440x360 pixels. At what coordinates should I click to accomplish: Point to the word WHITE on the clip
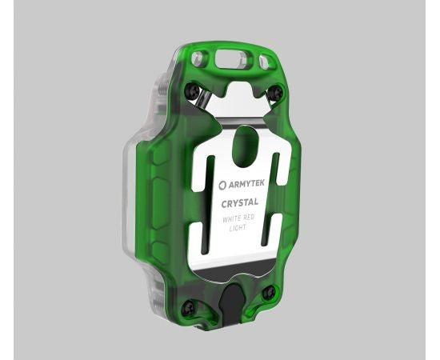tap(234, 218)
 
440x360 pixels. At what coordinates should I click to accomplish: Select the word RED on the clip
tap(257, 218)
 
